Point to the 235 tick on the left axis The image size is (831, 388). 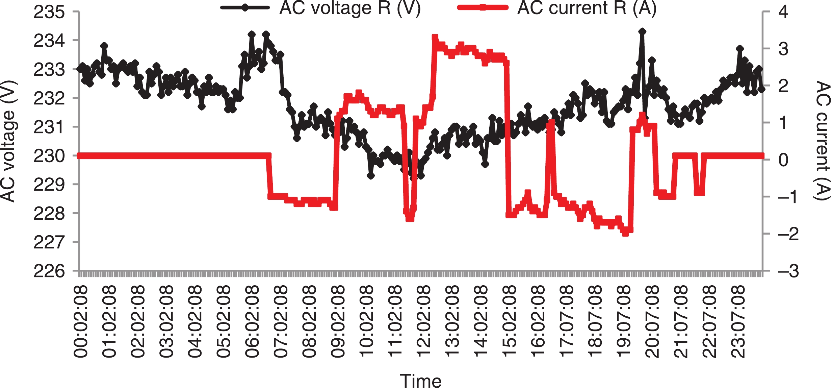(49, 13)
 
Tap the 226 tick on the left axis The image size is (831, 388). (49, 271)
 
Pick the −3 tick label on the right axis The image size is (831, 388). (788, 271)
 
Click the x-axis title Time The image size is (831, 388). (421, 381)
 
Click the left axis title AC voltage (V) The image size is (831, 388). (8, 141)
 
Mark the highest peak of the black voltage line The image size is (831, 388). (642, 31)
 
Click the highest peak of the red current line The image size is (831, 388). (435, 37)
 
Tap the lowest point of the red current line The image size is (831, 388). (625, 233)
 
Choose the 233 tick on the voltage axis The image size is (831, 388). (49, 70)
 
